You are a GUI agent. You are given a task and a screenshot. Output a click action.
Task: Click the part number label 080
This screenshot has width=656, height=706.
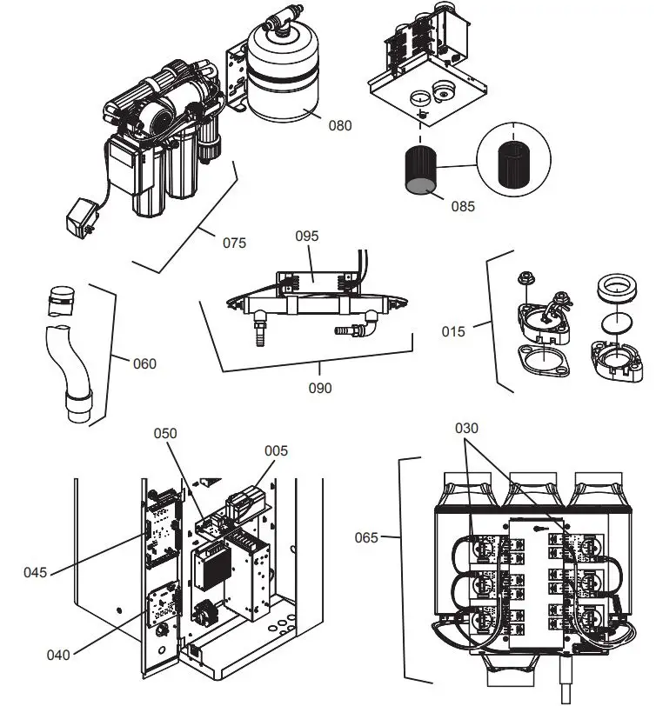pyautogui.click(x=340, y=125)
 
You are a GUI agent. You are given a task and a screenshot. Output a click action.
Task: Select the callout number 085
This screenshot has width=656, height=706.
pyautogui.click(x=464, y=207)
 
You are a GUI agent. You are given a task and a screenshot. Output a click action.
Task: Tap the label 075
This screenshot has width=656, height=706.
pyautogui.click(x=234, y=243)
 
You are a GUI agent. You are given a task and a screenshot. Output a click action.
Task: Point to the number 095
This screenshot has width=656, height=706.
pyautogui.click(x=307, y=236)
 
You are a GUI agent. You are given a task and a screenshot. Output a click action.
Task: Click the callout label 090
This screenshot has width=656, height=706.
pyautogui.click(x=319, y=388)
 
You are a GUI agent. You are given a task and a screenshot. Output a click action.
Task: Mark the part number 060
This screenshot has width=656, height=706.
pyautogui.click(x=144, y=363)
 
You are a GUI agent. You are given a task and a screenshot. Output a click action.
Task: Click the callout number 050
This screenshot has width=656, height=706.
pyautogui.click(x=165, y=432)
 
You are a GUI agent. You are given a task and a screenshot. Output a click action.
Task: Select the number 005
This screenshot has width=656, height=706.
pyautogui.click(x=277, y=450)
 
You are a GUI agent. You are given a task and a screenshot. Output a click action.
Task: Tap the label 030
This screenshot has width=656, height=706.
pyautogui.click(x=467, y=428)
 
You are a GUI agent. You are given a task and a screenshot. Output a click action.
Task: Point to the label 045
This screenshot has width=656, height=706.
pyautogui.click(x=36, y=572)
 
